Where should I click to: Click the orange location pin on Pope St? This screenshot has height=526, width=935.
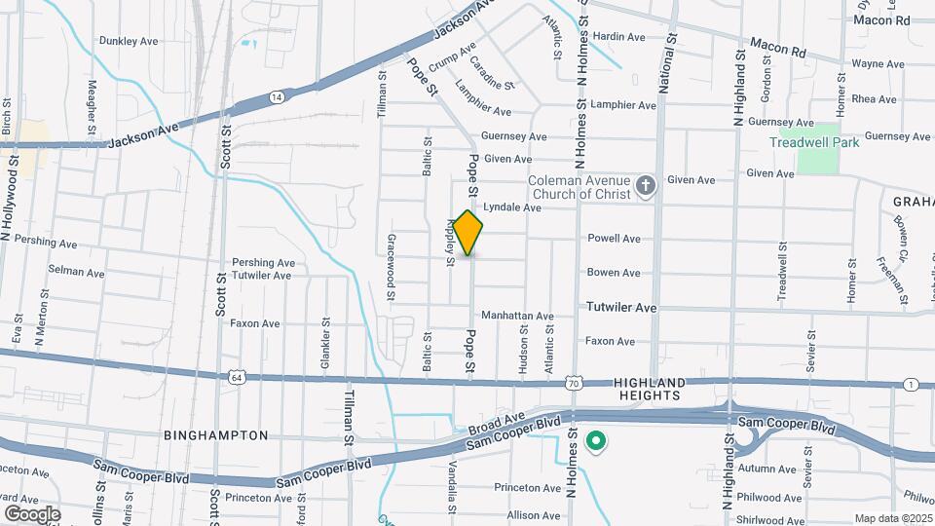468,233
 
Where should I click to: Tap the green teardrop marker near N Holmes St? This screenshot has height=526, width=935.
595,443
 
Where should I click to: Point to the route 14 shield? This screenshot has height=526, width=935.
278,96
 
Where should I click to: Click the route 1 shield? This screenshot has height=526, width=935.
910,386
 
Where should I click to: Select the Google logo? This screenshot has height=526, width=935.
32,513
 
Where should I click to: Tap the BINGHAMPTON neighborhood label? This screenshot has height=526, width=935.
215,435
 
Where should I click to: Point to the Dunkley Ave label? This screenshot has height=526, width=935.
129,41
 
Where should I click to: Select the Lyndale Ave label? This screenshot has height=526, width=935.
512,207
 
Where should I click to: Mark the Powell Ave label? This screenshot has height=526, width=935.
614,239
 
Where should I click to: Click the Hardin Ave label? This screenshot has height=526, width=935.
619,37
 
